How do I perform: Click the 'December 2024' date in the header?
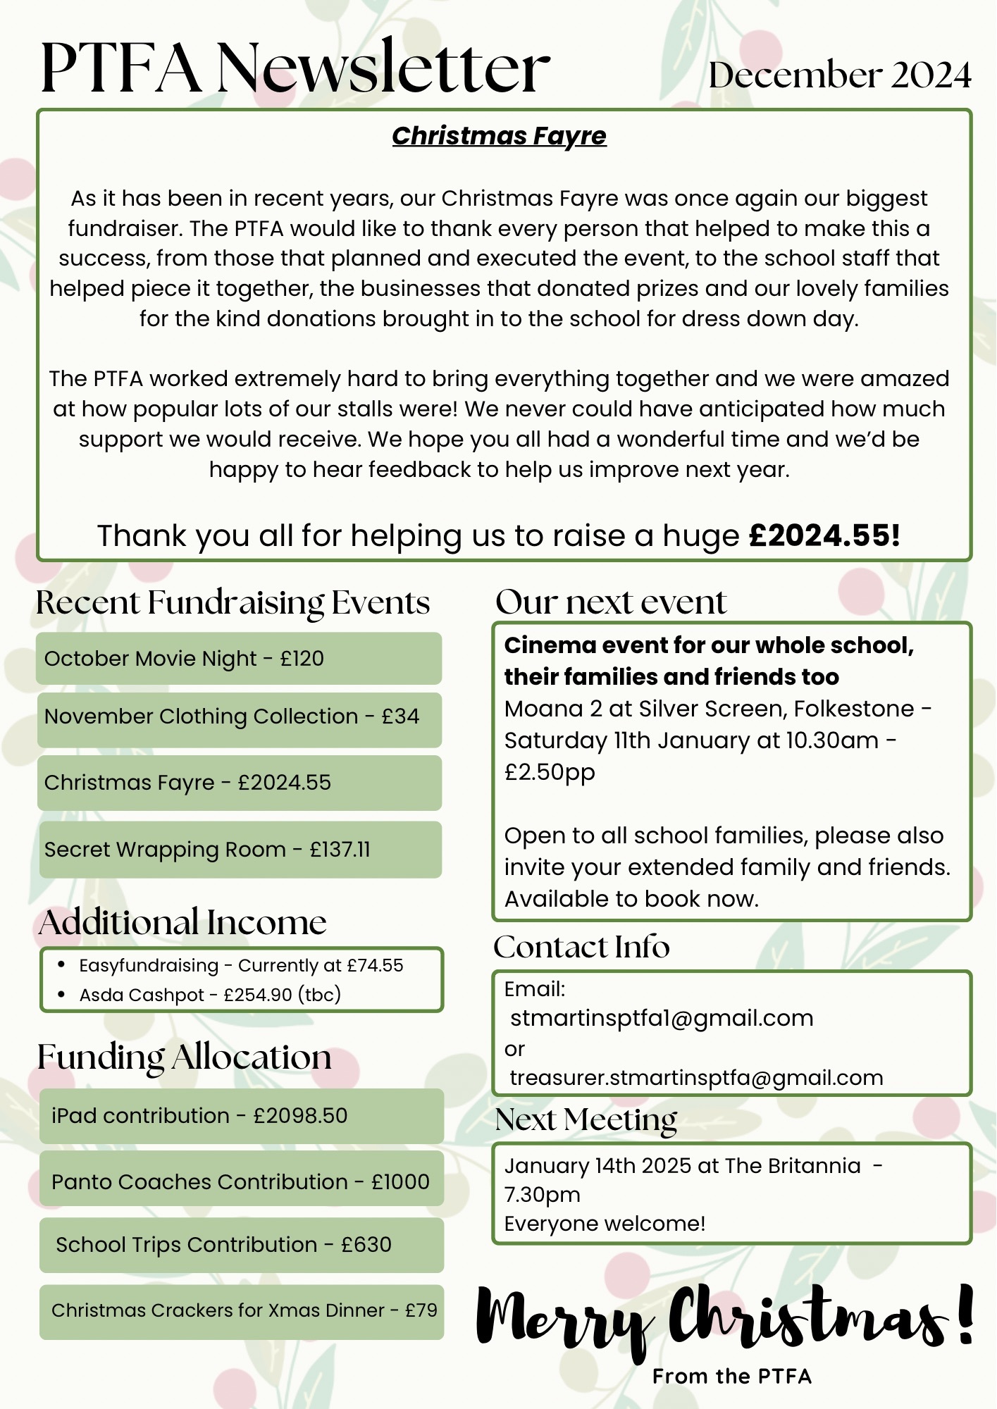click(839, 75)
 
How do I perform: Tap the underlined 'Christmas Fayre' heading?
click(499, 136)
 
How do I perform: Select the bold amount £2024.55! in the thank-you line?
click(824, 535)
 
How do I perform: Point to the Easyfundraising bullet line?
click(241, 965)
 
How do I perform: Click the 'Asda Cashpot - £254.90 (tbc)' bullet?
click(210, 995)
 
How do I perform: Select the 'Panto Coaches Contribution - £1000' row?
click(241, 1181)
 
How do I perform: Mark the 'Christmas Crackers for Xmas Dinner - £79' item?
click(244, 1310)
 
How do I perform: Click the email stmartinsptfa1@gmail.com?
click(662, 1018)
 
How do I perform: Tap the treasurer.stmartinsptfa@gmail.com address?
click(696, 1078)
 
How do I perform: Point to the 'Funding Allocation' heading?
click(185, 1057)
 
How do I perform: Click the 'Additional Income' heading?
click(183, 922)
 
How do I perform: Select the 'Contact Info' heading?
click(581, 948)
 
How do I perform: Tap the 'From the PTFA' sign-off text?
click(732, 1377)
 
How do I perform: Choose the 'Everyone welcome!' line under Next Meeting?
click(605, 1224)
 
